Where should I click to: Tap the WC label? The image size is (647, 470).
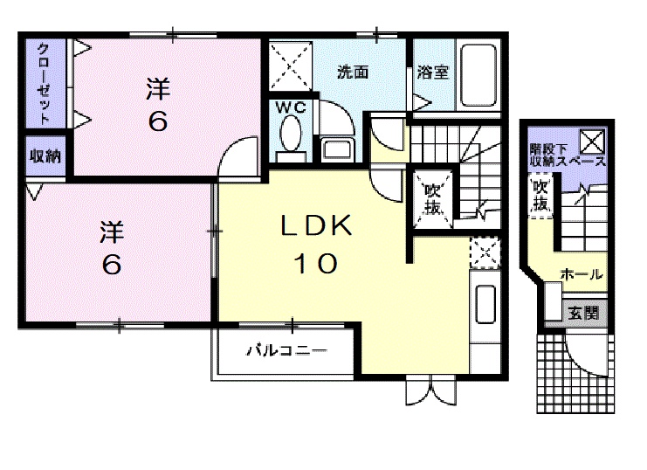pos(290,108)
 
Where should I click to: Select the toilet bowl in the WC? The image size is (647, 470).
pos(291,135)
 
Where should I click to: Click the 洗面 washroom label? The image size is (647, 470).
pos(353,73)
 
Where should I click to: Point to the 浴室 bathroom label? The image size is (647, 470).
pos(433,73)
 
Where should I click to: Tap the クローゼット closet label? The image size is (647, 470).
pos(42,83)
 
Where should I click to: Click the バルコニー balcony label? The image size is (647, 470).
pos(286,351)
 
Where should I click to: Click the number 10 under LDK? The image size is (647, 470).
pos(315,263)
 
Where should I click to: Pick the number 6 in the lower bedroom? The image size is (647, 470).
pos(111,263)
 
